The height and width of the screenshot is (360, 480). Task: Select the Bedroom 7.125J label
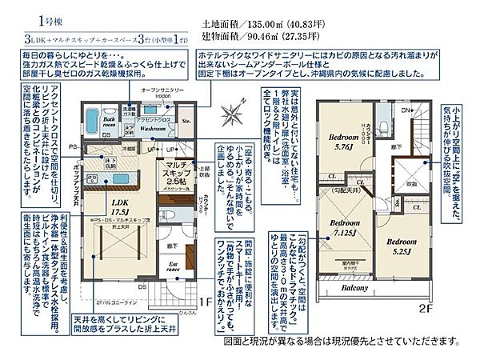point(346,226)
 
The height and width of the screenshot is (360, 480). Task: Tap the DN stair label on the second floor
point(406,110)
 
